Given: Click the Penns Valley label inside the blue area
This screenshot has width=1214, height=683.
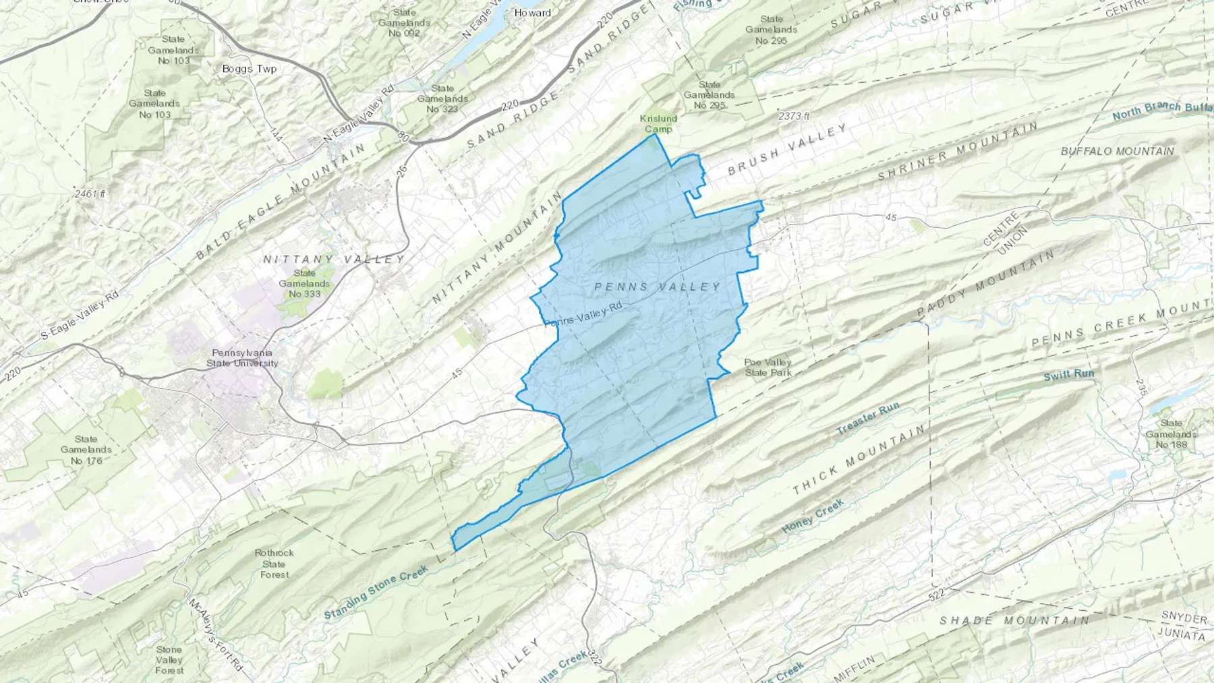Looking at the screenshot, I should [x=658, y=287].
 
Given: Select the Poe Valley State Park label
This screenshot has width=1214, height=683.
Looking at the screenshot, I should [x=768, y=367].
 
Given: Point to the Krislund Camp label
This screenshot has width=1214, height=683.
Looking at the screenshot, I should [x=658, y=124].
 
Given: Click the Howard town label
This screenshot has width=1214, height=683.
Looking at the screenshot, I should [x=532, y=13].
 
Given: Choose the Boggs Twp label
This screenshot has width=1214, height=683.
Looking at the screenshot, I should [x=249, y=69].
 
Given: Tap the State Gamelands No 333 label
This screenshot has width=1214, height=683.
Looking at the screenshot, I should [x=304, y=283].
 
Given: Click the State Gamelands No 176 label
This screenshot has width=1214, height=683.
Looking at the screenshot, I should [x=86, y=450].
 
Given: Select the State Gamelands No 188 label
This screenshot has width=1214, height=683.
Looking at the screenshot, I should [x=1171, y=434].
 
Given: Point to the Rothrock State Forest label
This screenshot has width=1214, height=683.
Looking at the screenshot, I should [x=274, y=564].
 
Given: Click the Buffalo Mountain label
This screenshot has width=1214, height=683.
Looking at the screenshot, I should [x=1117, y=151].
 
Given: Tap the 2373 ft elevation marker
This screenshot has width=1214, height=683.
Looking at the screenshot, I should [x=794, y=116].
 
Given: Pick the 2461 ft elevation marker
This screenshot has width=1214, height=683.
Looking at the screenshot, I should [x=90, y=194].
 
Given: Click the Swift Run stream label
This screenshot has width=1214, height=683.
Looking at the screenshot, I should [x=1068, y=375].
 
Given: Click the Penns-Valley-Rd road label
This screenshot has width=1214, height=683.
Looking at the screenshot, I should [x=582, y=315].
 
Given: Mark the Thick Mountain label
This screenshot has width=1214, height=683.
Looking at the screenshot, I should [x=857, y=460].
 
